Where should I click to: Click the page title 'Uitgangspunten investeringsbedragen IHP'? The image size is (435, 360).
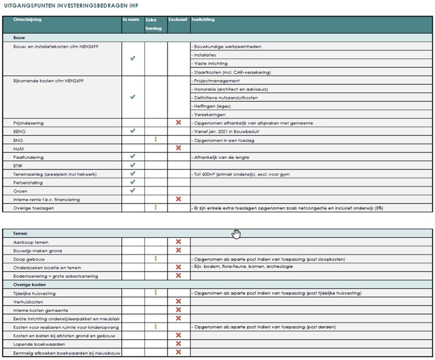coord(71,5)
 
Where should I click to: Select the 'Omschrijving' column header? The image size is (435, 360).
coord(27,20)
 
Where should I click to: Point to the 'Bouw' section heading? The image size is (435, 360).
coord(19,37)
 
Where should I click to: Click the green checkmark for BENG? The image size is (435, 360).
coord(133,131)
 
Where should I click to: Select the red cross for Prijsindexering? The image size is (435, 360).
coord(179,122)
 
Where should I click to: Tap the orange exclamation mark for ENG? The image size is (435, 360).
coord(156,140)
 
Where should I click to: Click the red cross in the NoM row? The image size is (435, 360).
coord(179,148)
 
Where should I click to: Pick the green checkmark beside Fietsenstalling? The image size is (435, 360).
coord(133,182)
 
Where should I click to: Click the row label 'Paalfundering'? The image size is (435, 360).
coord(28,157)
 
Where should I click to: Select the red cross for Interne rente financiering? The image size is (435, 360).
coord(179,199)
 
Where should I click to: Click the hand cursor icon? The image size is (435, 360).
coord(237,233)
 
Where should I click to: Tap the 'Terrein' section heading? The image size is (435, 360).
coord(21,233)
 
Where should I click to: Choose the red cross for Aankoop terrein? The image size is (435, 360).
coord(179,242)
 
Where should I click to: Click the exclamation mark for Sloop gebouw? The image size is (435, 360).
coord(156,259)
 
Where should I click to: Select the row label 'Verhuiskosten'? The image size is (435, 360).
coord(27,301)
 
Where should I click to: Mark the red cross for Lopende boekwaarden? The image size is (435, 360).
coord(179,344)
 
